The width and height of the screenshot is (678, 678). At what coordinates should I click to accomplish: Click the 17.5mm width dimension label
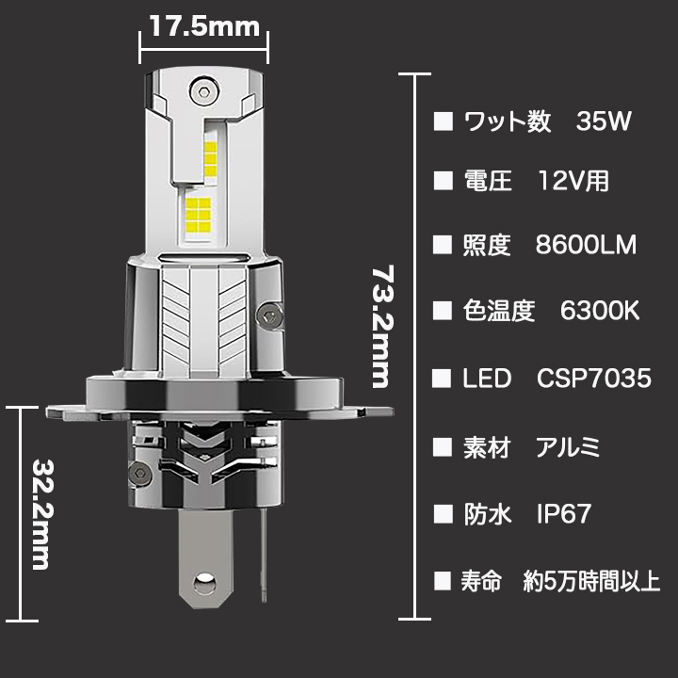(204, 26)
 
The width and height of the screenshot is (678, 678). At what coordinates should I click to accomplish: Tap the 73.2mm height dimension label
(383, 327)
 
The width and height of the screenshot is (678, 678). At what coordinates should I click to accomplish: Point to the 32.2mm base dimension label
(42, 514)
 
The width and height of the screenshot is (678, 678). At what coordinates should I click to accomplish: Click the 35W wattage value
(604, 121)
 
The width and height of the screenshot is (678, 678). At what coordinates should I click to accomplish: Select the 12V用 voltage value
(573, 181)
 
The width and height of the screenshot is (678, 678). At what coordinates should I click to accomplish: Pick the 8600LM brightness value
(586, 245)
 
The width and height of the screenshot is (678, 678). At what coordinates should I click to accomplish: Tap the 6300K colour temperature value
(600, 311)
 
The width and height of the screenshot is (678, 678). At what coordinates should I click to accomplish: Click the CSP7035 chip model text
(593, 379)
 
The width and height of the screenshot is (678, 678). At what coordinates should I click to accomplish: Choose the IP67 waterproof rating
(563, 514)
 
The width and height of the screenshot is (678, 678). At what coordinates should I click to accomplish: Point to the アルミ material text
(568, 447)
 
